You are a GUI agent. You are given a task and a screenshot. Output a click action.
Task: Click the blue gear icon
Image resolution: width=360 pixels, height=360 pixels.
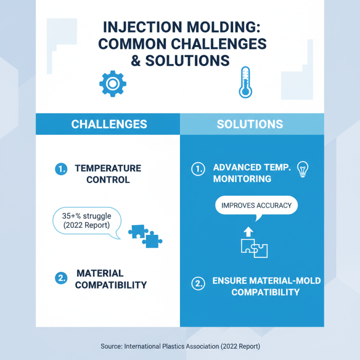pyautogui.click(x=112, y=84)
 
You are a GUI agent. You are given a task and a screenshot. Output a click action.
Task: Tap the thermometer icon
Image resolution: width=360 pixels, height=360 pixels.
pyautogui.click(x=245, y=82)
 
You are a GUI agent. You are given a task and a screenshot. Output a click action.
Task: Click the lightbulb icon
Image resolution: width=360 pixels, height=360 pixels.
pyautogui.click(x=303, y=169)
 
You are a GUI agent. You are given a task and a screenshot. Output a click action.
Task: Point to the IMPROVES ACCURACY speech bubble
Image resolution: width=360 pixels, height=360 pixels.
pyautogui.click(x=256, y=207)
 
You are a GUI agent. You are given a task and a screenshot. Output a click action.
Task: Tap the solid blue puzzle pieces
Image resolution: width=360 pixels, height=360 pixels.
pyautogui.click(x=145, y=235)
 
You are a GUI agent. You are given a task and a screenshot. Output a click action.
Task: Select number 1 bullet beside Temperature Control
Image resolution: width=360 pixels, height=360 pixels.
pyautogui.click(x=61, y=169)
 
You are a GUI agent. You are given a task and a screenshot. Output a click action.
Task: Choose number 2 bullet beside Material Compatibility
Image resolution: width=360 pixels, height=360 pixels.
pyautogui.click(x=61, y=278)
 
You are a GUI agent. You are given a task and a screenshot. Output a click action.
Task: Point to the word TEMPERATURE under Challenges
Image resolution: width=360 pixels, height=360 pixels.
pyautogui.click(x=108, y=168)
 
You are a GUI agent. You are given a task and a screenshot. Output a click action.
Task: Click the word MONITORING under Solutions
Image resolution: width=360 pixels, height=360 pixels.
pyautogui.click(x=242, y=179)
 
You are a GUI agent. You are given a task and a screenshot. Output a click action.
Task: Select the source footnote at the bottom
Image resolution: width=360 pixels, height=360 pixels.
pyautogui.click(x=180, y=346)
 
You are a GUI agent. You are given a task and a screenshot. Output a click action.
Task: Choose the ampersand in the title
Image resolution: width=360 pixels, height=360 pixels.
pyautogui.click(x=135, y=60)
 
